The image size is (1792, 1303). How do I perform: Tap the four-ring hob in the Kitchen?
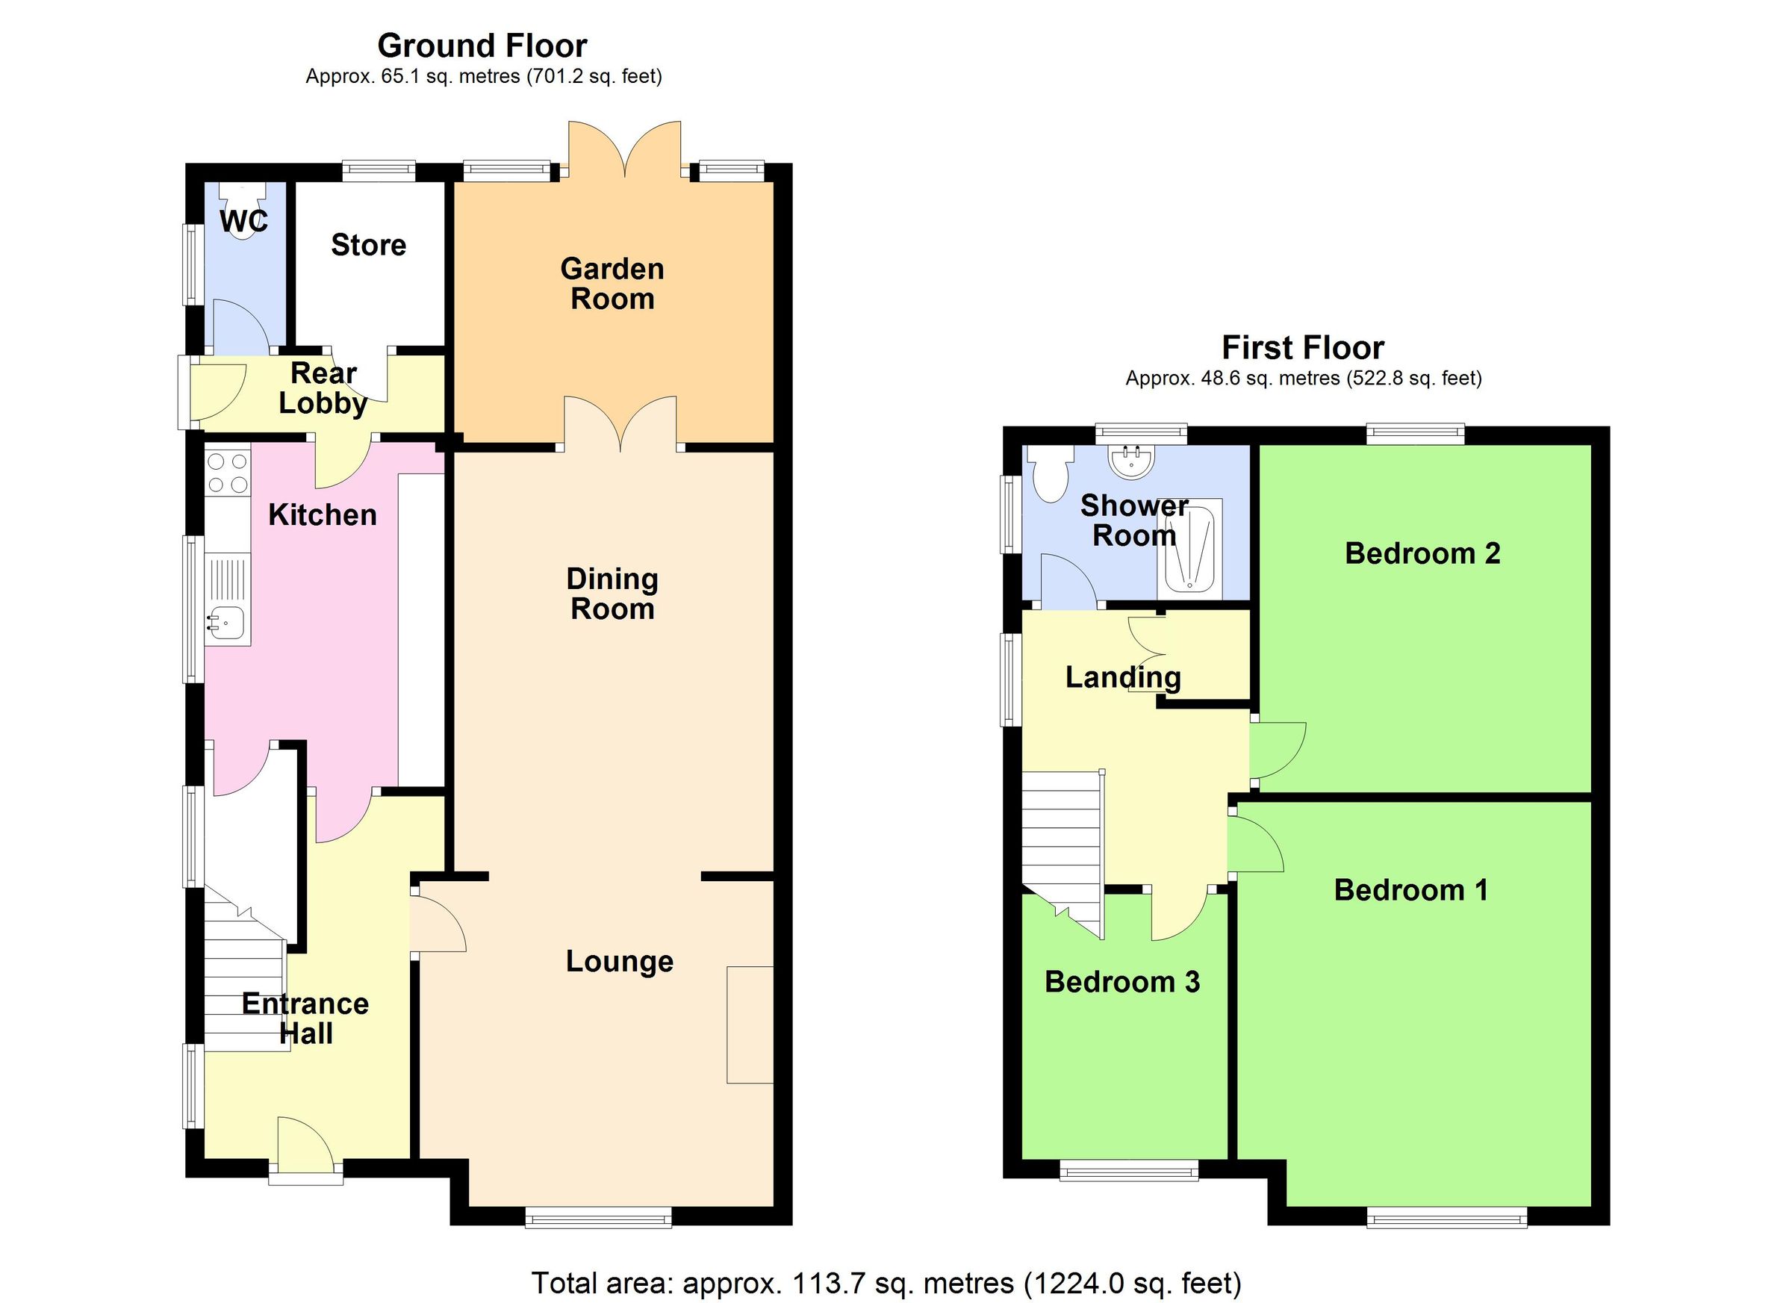pyautogui.click(x=228, y=473)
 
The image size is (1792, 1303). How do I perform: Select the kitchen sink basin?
pyautogui.click(x=226, y=624)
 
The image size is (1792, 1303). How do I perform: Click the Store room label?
pyautogui.click(x=368, y=245)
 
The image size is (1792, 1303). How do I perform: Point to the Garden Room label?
pyautogui.click(x=612, y=284)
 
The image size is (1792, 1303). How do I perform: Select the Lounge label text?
pyautogui.click(x=620, y=962)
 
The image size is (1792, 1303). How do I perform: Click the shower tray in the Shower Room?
pyautogui.click(x=1189, y=548)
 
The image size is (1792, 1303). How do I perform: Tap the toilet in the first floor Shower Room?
pyautogui.click(x=1051, y=474)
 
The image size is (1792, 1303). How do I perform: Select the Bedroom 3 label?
pyautogui.click(x=1122, y=982)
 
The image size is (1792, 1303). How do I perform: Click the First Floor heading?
pyautogui.click(x=1303, y=348)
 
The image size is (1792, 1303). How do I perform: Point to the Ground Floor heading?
pyautogui.click(x=482, y=46)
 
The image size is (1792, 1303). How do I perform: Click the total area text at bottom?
pyautogui.click(x=886, y=1282)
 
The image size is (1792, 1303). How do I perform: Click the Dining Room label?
pyautogui.click(x=612, y=594)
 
